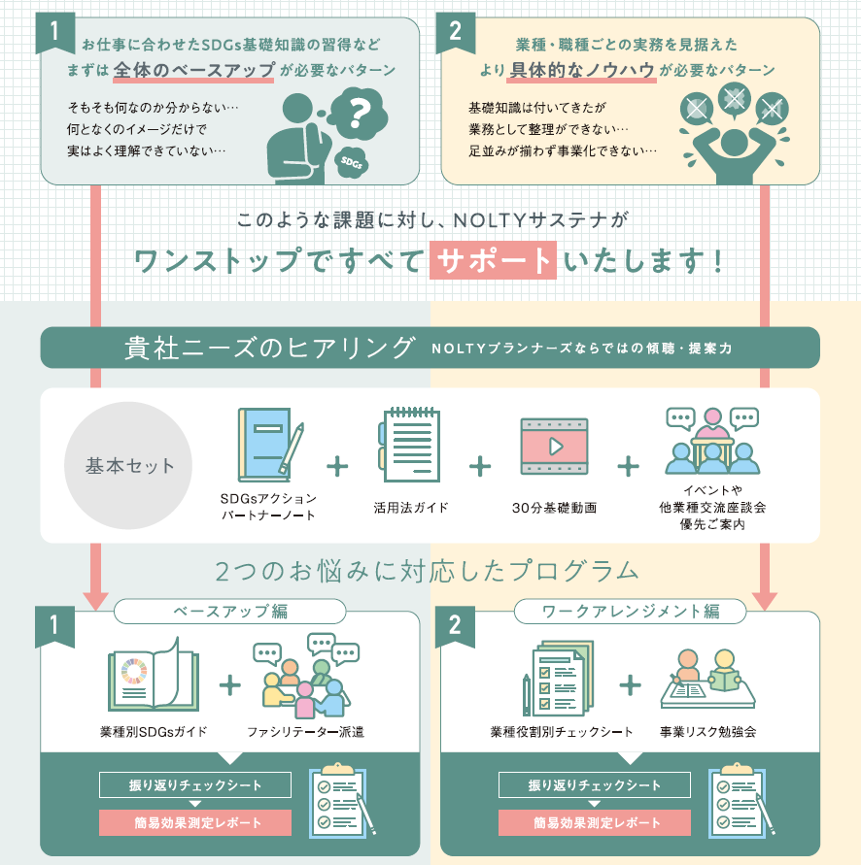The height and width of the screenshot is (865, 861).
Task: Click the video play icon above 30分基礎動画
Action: point(554,447)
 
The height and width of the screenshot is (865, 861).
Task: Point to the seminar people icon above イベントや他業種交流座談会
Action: point(711,440)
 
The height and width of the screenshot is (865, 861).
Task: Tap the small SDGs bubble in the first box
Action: point(351,162)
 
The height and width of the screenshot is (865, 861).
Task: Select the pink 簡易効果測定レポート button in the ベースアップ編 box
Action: point(195,822)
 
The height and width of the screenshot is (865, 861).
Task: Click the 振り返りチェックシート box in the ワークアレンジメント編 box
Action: point(595,784)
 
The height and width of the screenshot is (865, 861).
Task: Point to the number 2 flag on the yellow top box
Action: point(455,31)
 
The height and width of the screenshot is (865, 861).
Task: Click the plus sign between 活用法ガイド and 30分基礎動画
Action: point(480,466)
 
